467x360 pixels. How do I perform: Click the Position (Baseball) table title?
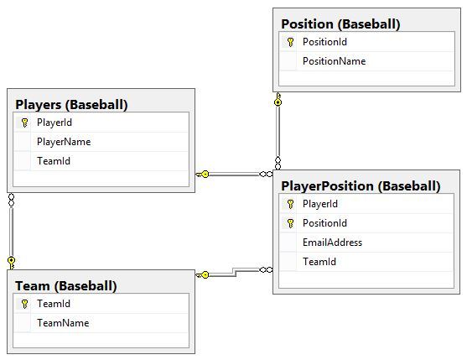[340, 23]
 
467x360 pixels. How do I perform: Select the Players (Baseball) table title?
[71, 105]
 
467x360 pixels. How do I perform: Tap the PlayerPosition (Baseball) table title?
[361, 186]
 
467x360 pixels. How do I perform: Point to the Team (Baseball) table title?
[65, 285]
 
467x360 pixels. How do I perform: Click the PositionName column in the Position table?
[334, 61]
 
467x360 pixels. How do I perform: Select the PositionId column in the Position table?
[324, 42]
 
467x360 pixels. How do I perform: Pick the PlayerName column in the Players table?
[64, 142]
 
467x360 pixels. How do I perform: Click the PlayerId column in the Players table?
[54, 123]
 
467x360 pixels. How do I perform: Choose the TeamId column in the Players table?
[53, 161]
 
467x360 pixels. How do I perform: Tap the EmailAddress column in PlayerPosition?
[332, 243]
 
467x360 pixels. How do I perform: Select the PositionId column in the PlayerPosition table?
[324, 223]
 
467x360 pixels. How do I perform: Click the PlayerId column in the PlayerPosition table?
[319, 204]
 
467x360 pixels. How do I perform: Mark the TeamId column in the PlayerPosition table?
[319, 262]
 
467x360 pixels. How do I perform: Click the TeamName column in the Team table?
[63, 323]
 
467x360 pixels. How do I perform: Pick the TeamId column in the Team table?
[53, 304]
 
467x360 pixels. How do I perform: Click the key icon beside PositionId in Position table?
[290, 42]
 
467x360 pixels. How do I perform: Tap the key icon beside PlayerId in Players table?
[24, 123]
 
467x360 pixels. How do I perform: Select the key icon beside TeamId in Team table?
[24, 304]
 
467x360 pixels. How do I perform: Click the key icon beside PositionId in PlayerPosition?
[290, 223]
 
